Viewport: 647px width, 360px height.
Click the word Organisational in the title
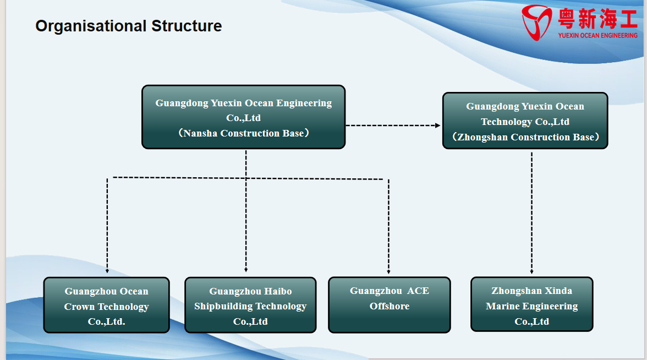pyautogui.click(x=91, y=26)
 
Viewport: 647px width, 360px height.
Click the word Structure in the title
pyautogui.click(x=187, y=26)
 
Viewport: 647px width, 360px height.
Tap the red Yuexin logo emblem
pyautogui.click(x=536, y=22)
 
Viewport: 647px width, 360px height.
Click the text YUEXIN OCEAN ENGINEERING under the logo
pyautogui.click(x=597, y=35)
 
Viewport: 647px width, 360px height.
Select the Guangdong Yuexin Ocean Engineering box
pyautogui.click(x=243, y=117)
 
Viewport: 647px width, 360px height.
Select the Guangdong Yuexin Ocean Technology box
pyautogui.click(x=525, y=121)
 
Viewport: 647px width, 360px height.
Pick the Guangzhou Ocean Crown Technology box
pyautogui.click(x=107, y=305)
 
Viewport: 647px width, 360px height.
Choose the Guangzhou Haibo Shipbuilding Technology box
pyautogui.click(x=250, y=305)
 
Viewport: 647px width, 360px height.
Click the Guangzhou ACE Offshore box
pyautogui.click(x=390, y=305)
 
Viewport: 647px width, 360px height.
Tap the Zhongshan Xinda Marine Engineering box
pyautogui.click(x=532, y=304)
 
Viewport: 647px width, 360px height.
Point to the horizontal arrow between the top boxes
pyautogui.click(x=393, y=126)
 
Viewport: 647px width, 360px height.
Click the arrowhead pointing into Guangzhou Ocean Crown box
pyautogui.click(x=107, y=271)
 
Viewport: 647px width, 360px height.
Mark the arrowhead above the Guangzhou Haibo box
pyautogui.click(x=246, y=270)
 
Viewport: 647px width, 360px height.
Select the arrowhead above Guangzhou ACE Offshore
pyautogui.click(x=388, y=271)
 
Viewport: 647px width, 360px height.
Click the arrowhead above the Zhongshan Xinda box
pyautogui.click(x=532, y=271)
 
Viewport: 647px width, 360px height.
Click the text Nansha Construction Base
pyautogui.click(x=243, y=133)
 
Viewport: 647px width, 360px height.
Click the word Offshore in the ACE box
pyautogui.click(x=390, y=306)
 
